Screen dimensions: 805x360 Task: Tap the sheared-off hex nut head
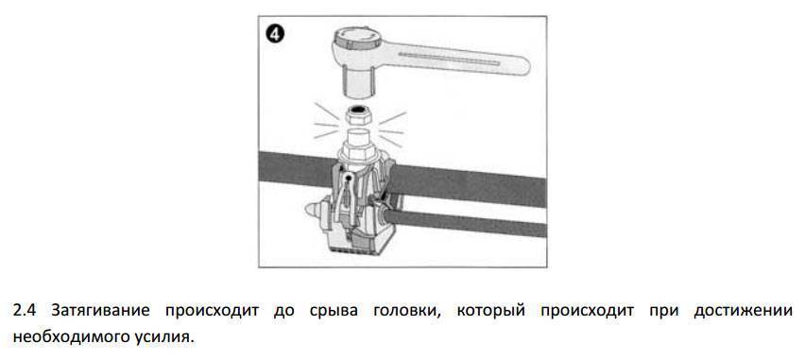(359, 114)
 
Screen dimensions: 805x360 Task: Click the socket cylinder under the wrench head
(358, 81)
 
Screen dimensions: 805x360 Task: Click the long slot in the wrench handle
(449, 59)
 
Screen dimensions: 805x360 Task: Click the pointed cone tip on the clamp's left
(310, 211)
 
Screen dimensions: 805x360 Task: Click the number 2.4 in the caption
(25, 311)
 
